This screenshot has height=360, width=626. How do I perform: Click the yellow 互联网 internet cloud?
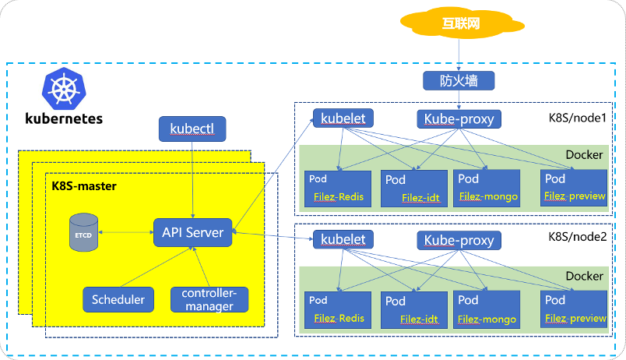pos(462,23)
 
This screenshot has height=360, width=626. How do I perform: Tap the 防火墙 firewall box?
pos(459,81)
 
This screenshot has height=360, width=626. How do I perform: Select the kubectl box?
pos(192,129)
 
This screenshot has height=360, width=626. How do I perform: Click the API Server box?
pos(193,232)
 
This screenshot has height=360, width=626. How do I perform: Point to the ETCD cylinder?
pos(83,232)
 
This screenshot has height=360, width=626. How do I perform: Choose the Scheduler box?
pos(118,299)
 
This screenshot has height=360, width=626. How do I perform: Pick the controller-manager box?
pos(209,299)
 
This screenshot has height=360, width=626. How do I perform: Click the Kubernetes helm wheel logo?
pos(64,88)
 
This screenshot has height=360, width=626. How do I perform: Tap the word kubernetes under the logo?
pos(64,118)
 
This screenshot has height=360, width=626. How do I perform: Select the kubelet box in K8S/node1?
pos(343,118)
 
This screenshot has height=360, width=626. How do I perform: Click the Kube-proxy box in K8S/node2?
pos(459,241)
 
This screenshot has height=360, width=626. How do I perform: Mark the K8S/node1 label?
pos(577,118)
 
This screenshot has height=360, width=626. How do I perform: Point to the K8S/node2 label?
pos(577,237)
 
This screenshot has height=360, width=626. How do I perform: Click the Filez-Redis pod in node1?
pos(338,189)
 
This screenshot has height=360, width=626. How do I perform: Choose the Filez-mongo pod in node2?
pos(487,310)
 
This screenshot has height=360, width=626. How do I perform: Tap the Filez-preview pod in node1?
pos(574,189)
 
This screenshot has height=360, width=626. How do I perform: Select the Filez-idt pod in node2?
pos(414,310)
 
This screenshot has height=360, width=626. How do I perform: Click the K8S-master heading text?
pos(84,186)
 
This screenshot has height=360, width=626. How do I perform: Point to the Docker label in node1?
pos(584,154)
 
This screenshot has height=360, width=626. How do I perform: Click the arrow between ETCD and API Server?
pos(126,232)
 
